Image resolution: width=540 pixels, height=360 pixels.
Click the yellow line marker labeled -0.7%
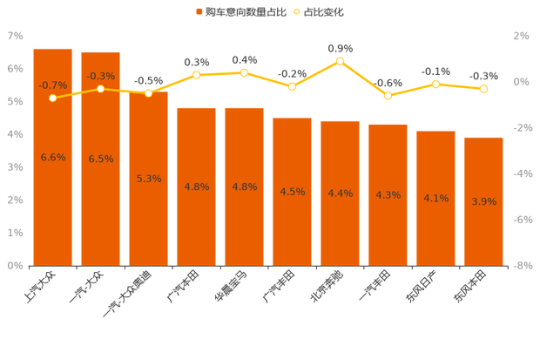tap(53, 98)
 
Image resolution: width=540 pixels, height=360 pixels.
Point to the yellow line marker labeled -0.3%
tap(100, 89)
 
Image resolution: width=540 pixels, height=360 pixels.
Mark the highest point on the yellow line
tap(340, 61)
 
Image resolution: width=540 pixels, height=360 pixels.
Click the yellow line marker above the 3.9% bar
tap(483, 89)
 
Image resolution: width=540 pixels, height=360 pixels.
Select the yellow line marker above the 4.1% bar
tap(435, 84)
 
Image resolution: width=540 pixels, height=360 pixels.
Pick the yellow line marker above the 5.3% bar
tap(149, 93)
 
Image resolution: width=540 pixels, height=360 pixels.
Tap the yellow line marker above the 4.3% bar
tap(388, 95)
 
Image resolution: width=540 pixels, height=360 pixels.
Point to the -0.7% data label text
tap(53, 85)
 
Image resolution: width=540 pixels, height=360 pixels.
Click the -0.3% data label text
tap(101, 77)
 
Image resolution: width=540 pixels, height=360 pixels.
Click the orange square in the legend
tap(199, 12)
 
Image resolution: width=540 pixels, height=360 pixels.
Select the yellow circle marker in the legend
tap(297, 12)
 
